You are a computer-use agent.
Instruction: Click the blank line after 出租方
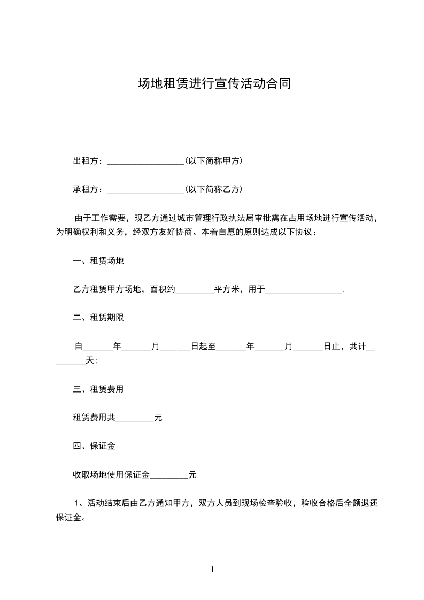pos(145,161)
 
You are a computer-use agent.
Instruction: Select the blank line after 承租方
pos(145,189)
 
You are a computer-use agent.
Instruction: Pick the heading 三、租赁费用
pos(98,389)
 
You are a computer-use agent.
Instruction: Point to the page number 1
pos(212,570)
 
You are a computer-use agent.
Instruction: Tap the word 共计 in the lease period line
pos(357,347)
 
